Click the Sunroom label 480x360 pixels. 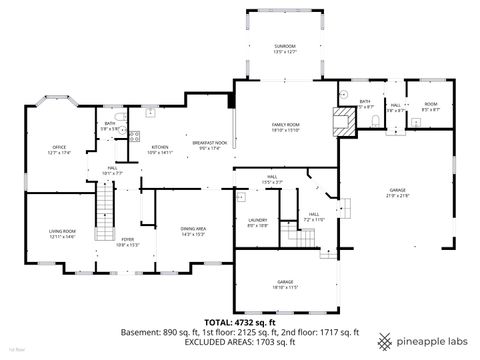pyautogui.click(x=285, y=49)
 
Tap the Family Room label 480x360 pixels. pyautogui.click(x=286, y=126)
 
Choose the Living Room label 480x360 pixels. pyautogui.click(x=62, y=233)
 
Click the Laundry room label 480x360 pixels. pyautogui.click(x=257, y=223)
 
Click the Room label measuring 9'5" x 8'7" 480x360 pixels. pyautogui.click(x=429, y=106)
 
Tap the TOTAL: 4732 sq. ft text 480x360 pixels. pyautogui.click(x=239, y=321)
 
